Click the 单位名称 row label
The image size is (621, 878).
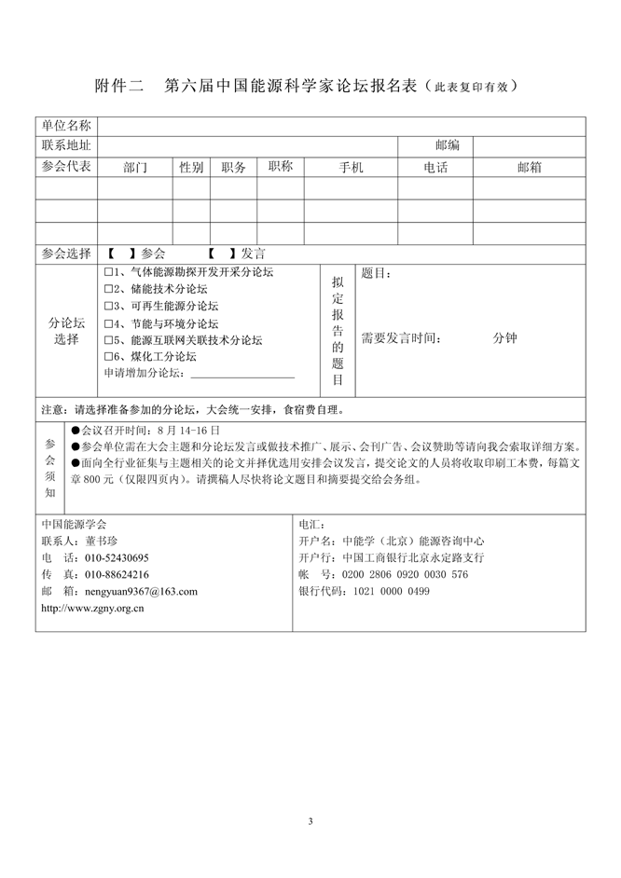66,126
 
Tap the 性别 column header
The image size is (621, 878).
191,168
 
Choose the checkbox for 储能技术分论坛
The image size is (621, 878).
108,289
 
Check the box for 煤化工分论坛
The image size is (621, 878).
108,357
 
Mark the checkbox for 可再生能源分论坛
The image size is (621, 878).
108,306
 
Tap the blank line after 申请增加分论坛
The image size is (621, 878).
241,374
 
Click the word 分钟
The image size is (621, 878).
504,339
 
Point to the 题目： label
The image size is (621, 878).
376,274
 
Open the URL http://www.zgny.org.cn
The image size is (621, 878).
92,608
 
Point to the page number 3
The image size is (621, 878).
310,821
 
